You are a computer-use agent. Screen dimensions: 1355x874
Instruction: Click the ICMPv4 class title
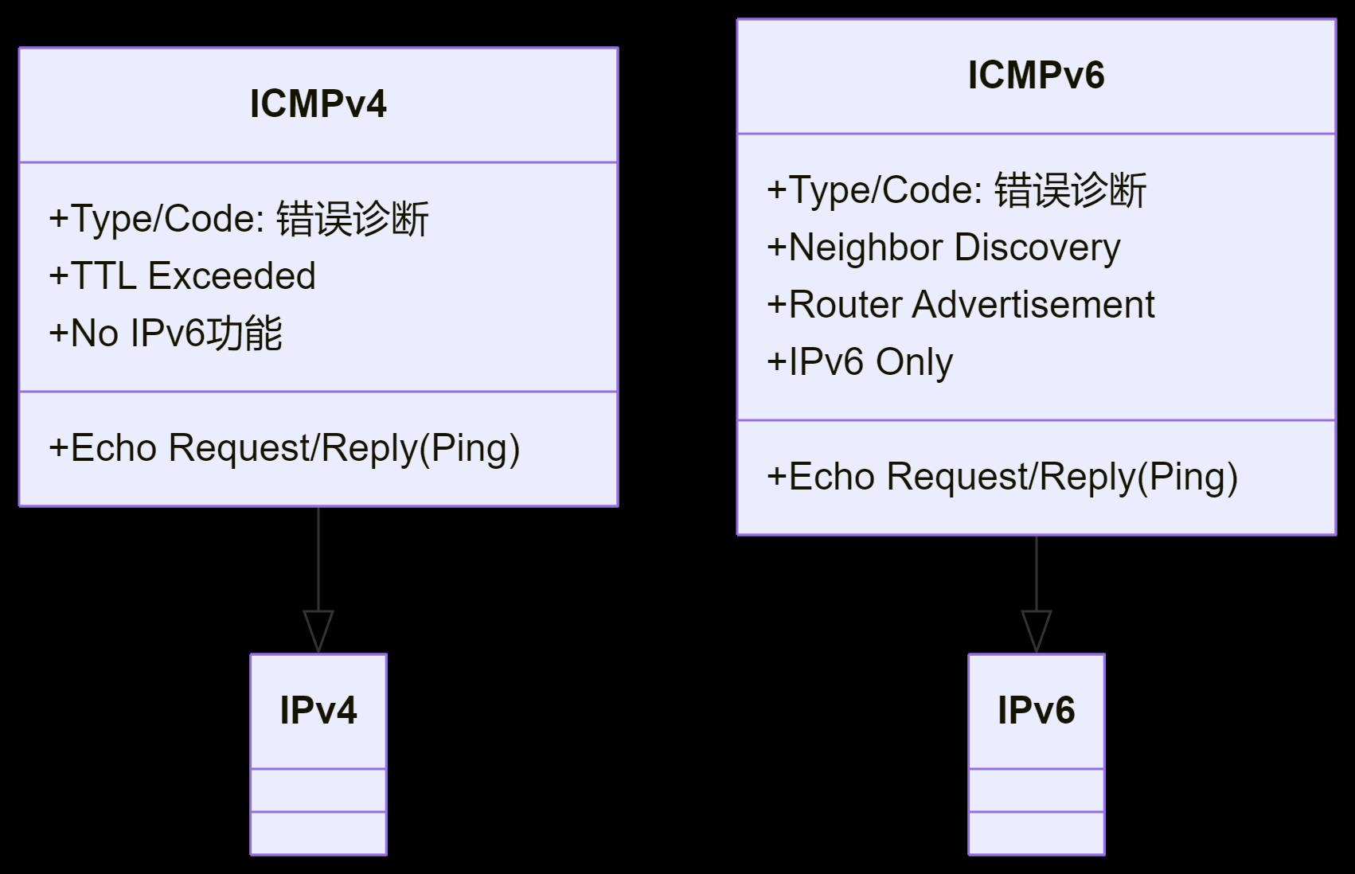(x=318, y=104)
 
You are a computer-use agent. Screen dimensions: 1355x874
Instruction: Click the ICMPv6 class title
(x=1037, y=76)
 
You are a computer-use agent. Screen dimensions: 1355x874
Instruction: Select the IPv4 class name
(x=318, y=710)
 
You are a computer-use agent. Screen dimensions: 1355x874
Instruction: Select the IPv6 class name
(x=1037, y=710)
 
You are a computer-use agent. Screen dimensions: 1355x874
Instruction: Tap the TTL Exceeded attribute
(x=182, y=275)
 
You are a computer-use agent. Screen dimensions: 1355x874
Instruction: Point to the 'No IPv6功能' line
(x=166, y=333)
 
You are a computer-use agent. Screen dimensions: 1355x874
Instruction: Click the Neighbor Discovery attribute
(x=943, y=248)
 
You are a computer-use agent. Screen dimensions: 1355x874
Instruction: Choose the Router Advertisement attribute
(x=961, y=304)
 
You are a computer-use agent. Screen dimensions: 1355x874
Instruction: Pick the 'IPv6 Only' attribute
(x=860, y=362)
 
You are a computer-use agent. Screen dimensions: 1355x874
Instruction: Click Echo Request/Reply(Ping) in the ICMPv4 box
(x=284, y=448)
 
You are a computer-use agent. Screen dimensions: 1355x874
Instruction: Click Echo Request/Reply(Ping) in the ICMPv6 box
(x=1002, y=477)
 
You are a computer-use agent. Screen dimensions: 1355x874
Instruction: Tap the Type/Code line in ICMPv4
(x=239, y=218)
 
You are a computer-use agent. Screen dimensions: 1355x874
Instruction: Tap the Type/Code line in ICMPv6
(x=956, y=190)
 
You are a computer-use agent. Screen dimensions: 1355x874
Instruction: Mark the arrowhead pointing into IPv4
(x=318, y=631)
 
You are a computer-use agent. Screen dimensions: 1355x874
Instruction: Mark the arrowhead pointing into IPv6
(x=1037, y=631)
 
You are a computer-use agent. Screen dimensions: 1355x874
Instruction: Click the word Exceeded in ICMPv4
(x=232, y=275)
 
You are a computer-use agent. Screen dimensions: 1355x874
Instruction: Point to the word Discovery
(x=1037, y=248)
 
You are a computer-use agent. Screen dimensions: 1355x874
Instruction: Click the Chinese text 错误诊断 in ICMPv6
(x=1070, y=190)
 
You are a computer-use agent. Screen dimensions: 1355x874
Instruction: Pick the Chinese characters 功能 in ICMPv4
(x=244, y=333)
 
